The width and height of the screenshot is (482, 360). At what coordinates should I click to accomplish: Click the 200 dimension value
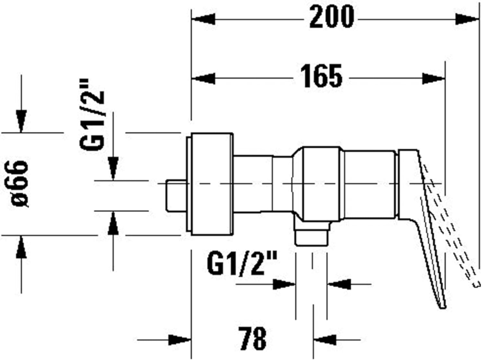pos(332,17)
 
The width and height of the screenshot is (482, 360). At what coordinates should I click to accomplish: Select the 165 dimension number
pos(321,76)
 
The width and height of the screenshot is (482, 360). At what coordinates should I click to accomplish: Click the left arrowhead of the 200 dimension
pos(203,19)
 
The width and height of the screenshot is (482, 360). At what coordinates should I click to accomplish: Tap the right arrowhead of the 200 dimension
pos(467,19)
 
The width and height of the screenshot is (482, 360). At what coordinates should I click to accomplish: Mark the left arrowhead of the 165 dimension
pos(203,78)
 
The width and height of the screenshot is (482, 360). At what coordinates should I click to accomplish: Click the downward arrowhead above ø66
pos(21,121)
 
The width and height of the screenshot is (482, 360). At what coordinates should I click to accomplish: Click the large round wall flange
pos(210,184)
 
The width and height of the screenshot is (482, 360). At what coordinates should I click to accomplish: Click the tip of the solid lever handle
pos(443,308)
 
